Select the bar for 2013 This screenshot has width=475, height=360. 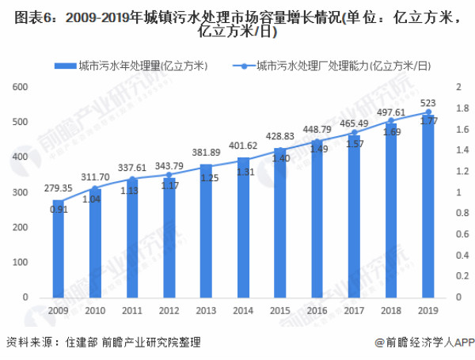pos(207,230)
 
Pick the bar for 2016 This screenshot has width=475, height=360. pos(317,219)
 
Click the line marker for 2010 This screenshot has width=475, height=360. pos(96,188)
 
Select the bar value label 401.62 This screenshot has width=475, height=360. pos(244,146)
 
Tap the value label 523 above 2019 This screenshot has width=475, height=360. pos(428,103)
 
